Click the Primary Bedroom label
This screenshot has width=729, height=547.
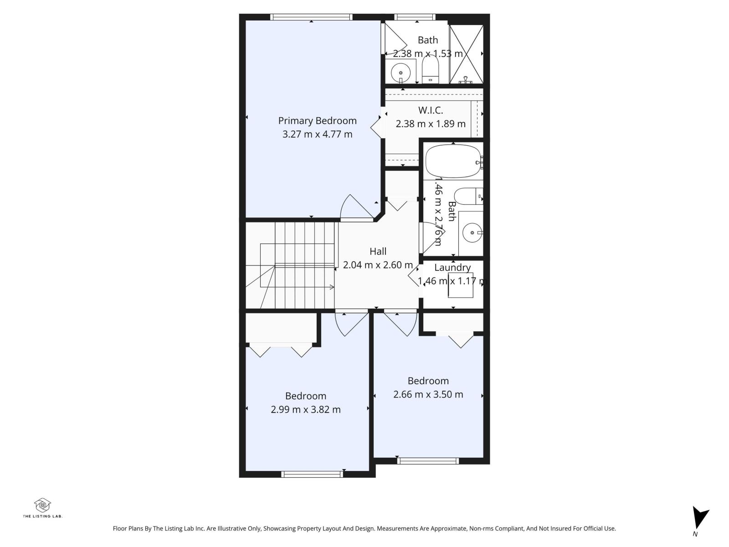[x=317, y=121]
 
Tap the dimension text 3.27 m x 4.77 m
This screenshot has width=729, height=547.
[x=317, y=134]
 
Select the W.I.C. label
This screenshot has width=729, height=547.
[x=430, y=110]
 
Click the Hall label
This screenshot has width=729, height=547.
[x=378, y=252]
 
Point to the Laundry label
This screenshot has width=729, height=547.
[x=452, y=268]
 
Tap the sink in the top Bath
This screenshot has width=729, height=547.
[x=401, y=72]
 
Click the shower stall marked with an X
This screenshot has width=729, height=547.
[x=466, y=54]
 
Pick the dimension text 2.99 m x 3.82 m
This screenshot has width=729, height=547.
[x=305, y=410]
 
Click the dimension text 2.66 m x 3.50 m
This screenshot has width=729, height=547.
[x=428, y=395]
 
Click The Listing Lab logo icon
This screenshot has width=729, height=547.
[x=42, y=505]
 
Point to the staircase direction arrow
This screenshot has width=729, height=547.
[x=331, y=287]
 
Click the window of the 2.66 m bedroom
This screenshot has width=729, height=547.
[x=428, y=461]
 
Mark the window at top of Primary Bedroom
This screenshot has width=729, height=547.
[x=311, y=17]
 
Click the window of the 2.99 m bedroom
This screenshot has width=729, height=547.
[x=312, y=474]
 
